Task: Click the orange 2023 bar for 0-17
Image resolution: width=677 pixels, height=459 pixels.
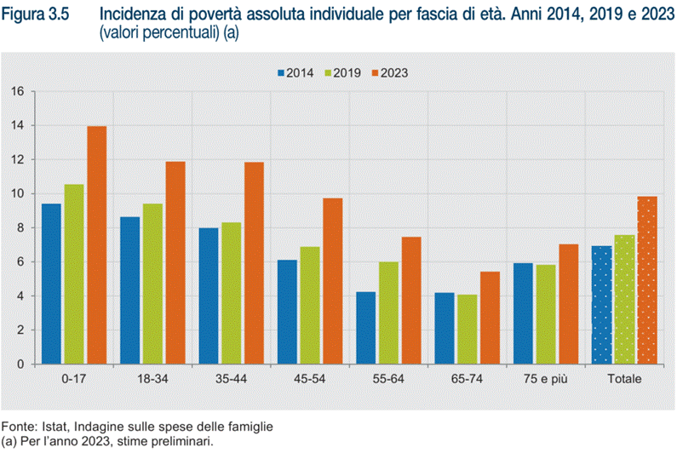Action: pyautogui.click(x=97, y=245)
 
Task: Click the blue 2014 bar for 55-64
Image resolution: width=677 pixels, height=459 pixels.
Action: pyautogui.click(x=365, y=328)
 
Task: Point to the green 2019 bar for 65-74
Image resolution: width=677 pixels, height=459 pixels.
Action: pyautogui.click(x=467, y=330)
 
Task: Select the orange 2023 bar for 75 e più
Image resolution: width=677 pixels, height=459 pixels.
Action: pyautogui.click(x=568, y=304)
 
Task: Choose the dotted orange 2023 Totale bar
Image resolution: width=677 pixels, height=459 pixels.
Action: pyautogui.click(x=647, y=280)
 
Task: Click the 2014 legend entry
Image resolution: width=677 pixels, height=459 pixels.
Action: pyautogui.click(x=294, y=73)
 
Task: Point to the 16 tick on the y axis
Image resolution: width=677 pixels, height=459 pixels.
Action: pyautogui.click(x=17, y=91)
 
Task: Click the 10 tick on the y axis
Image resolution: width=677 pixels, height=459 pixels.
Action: pyautogui.click(x=17, y=193)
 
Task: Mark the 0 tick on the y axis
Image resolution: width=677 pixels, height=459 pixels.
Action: pyautogui.click(x=20, y=364)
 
